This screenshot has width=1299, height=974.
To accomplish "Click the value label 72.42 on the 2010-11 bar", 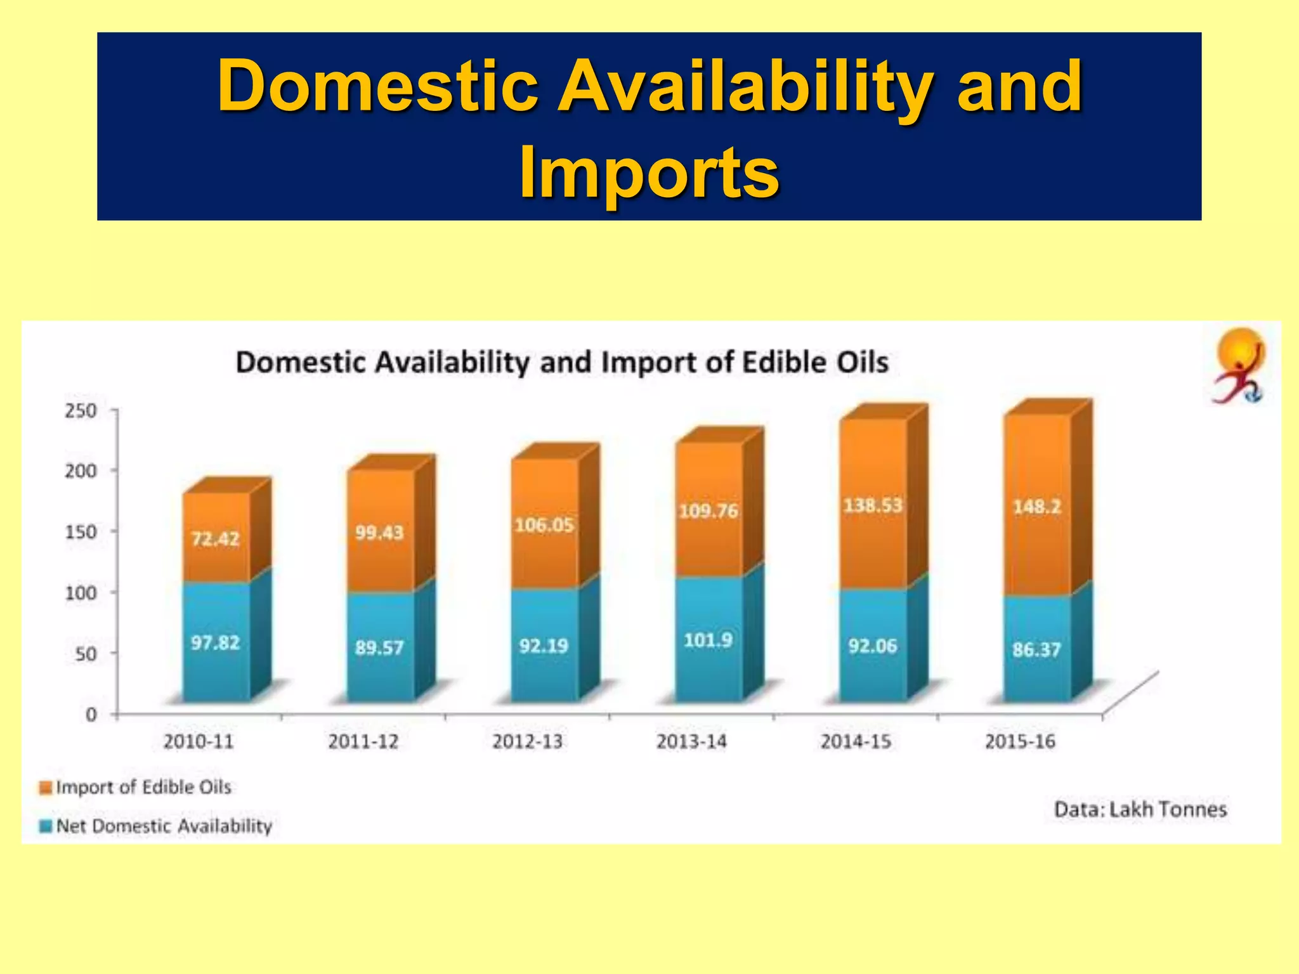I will coord(216,539).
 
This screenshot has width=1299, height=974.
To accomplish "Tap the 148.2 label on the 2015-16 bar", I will coord(1037,507).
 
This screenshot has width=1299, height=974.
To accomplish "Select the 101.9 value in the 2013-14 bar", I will coord(708,640).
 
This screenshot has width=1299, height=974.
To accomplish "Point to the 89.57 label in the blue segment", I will coord(379,647).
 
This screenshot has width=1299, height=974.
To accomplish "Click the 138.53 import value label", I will coord(873,505).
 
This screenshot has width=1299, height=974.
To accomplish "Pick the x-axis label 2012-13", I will coord(528,741).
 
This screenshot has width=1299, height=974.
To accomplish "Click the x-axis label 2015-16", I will coord(1020,741).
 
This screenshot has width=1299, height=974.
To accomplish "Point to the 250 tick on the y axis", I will coord(81,411).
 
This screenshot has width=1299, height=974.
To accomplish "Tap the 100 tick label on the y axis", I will coord(81,594).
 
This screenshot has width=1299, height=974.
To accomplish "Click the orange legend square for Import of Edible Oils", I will coord(46,788).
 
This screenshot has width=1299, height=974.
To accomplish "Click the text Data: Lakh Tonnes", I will coord(1140,810).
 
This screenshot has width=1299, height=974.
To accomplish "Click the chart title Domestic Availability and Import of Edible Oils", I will coord(562,363).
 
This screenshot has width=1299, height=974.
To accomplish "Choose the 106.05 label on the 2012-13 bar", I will coord(544,525).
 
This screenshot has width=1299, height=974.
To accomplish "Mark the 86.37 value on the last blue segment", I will coord(1036,649).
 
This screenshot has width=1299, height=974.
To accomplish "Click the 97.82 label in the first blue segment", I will coord(216,643).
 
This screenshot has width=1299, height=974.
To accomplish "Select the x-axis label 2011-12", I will coord(363,741).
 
